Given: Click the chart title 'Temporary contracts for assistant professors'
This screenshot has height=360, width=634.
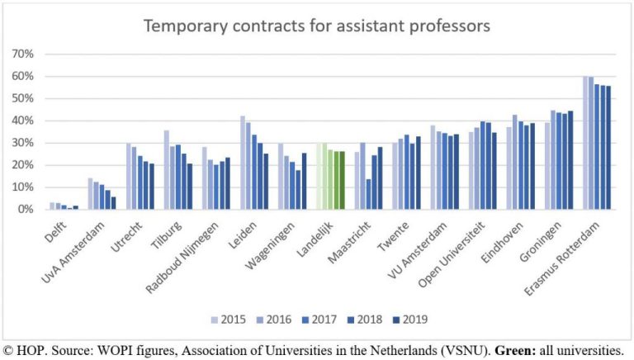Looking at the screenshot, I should click(317, 26).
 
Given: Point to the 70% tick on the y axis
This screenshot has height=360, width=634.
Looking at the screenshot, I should click(21, 54).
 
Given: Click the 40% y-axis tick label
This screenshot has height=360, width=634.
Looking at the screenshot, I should click(21, 121).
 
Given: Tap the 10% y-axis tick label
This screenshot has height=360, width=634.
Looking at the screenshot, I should click(21, 187).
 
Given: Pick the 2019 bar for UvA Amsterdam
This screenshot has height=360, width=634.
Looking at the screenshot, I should click(113, 203).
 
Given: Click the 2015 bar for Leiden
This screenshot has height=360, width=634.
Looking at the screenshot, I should click(243, 163).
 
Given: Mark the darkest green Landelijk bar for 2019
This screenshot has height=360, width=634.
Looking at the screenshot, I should click(342, 180).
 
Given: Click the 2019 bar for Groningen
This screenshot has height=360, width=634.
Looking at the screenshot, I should click(570, 160).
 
